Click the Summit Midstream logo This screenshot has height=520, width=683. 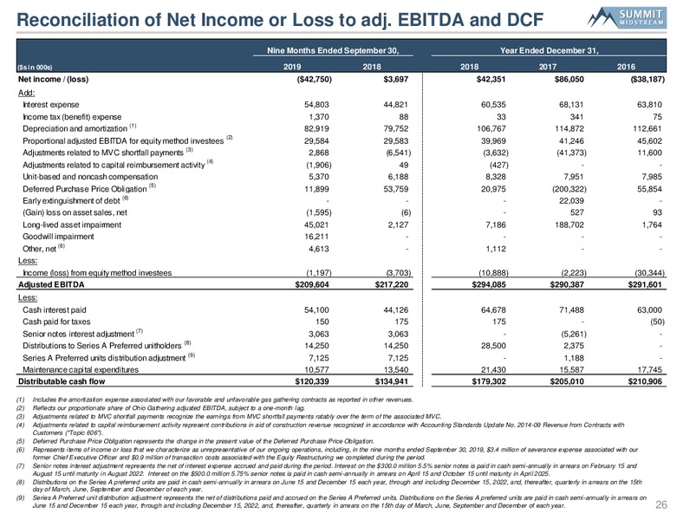pyautogui.click(x=627, y=18)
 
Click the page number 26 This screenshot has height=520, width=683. pyautogui.click(x=661, y=504)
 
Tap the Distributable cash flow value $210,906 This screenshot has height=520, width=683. pyautogui.click(x=645, y=381)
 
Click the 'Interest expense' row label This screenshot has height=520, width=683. pyautogui.click(x=51, y=105)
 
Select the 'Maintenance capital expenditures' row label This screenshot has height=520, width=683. pyautogui.click(x=81, y=370)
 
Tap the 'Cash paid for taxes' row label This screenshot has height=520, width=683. pyautogui.click(x=56, y=322)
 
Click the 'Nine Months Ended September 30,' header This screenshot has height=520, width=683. pyautogui.click(x=333, y=50)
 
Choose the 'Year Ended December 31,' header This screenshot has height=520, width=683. pyautogui.click(x=550, y=50)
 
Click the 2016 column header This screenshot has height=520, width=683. pyautogui.click(x=626, y=67)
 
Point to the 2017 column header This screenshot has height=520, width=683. pyautogui.click(x=548, y=67)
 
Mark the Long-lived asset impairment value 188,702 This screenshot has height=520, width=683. pyautogui.click(x=569, y=225)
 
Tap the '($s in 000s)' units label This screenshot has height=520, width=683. pyautogui.click(x=35, y=68)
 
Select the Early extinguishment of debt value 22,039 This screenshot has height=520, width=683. pyautogui.click(x=571, y=201)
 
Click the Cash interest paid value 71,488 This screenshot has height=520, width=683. pyautogui.click(x=571, y=310)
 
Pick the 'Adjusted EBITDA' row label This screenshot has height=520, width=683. pyautogui.click(x=51, y=285)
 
